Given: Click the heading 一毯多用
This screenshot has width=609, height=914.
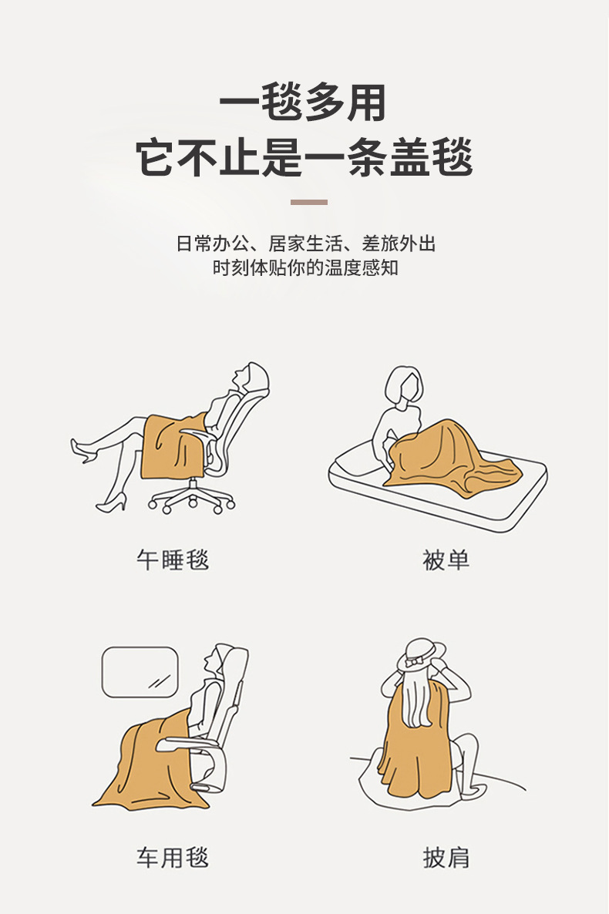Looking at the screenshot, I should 303,103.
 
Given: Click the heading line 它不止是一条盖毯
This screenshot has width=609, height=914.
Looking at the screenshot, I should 304,158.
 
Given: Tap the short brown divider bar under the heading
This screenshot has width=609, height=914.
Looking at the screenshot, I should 308,202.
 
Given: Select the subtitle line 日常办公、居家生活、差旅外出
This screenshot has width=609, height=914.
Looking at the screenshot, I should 305,244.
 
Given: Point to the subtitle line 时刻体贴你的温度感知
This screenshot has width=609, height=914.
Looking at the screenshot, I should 305,269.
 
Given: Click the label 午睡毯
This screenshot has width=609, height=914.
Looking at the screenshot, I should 172,559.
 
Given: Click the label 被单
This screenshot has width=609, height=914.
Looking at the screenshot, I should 446,559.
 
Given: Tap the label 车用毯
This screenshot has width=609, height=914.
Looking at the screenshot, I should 172,857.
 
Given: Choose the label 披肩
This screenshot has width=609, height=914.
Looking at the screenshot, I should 446,857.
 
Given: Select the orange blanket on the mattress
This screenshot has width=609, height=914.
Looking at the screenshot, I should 447,459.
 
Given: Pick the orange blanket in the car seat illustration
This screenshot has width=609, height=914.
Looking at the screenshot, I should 146,763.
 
